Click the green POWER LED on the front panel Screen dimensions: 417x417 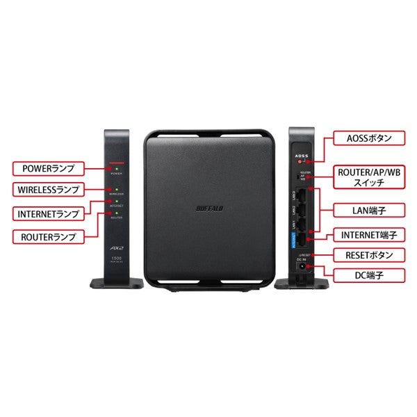pos(117,168)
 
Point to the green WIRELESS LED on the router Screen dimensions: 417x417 pos(117,188)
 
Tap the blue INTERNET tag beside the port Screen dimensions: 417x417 pos(294,241)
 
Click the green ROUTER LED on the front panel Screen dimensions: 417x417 pos(117,212)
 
